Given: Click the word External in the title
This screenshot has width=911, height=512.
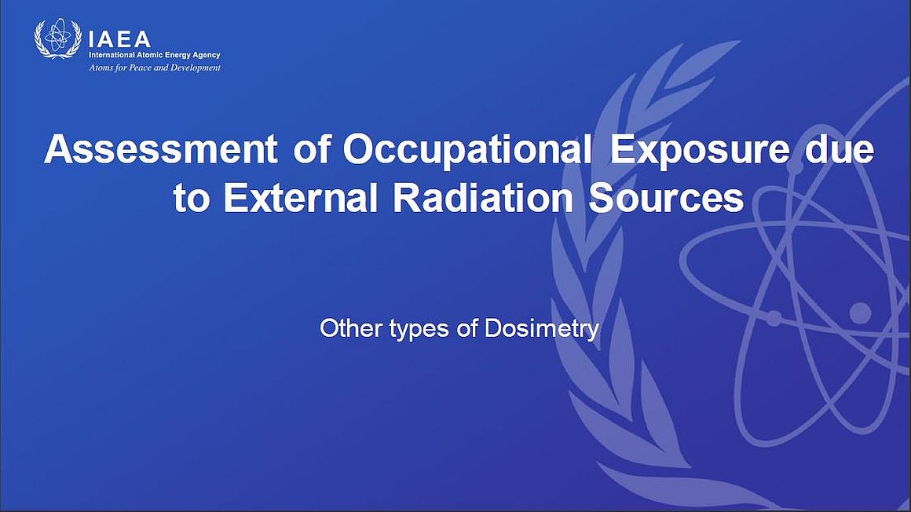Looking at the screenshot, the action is (x=301, y=198).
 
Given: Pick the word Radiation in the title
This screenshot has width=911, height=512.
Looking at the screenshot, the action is (x=484, y=198).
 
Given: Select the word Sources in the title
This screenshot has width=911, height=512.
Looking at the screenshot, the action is (x=667, y=198).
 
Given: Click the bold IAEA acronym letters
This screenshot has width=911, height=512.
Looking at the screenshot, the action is (x=119, y=39).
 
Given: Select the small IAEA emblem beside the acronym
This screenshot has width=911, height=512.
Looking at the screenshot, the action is (x=57, y=38).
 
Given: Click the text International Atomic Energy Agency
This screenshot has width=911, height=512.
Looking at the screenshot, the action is (x=155, y=55).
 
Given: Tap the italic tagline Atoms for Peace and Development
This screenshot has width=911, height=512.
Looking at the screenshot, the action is (x=155, y=68).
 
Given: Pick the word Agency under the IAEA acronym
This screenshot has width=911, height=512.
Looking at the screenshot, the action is (x=207, y=56).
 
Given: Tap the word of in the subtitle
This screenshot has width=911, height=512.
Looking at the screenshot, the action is (x=467, y=328).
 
